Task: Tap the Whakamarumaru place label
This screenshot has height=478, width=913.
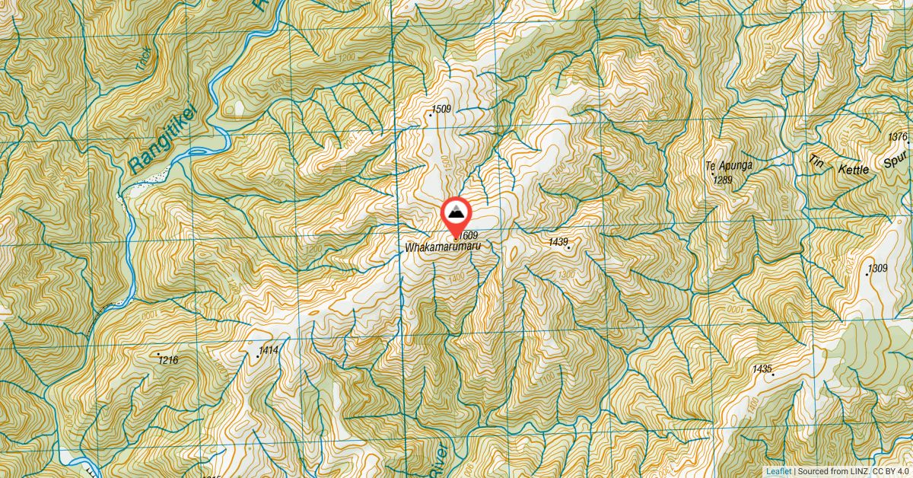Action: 444,247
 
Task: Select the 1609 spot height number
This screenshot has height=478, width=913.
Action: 469,236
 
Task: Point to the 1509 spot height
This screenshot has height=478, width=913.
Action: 441,109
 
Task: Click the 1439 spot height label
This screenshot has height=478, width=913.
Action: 558,242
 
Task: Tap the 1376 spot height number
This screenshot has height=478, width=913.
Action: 899,137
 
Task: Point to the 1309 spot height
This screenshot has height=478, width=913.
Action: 877,268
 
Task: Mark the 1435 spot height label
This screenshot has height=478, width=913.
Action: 762,368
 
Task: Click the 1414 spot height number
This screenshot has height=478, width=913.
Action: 269,350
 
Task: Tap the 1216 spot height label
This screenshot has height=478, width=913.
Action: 168,360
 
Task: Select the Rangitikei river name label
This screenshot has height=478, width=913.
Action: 162,142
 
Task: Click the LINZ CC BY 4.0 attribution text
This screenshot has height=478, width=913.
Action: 856,471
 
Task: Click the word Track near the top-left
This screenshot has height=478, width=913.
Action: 142,60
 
